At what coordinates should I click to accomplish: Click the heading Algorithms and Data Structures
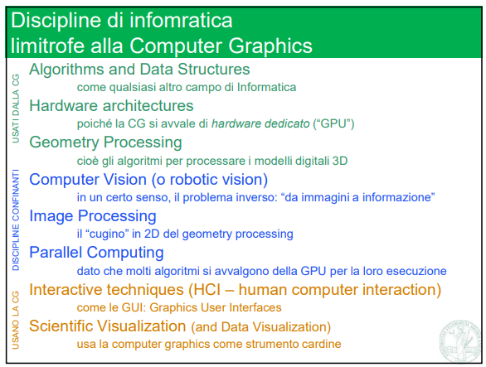point(139,70)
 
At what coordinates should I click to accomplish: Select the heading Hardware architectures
point(111,106)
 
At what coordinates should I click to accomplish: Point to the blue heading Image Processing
point(92,216)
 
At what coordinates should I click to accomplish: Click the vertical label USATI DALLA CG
point(15,107)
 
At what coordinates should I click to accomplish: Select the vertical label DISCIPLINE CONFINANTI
point(15,216)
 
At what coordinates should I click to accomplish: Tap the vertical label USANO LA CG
point(15,318)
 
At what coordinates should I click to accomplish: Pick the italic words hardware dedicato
point(260,123)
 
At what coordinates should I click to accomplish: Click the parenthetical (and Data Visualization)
point(260,326)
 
